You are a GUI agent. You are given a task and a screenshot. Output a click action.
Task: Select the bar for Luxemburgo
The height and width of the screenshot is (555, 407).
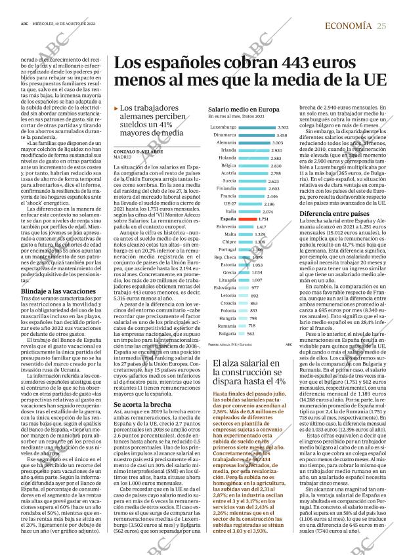(256, 127)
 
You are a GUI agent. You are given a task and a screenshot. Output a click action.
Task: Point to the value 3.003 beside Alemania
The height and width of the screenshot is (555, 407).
(278, 142)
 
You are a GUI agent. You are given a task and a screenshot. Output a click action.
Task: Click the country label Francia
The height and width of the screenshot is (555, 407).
(228, 195)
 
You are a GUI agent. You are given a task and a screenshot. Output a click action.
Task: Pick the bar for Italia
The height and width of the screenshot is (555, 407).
(249, 211)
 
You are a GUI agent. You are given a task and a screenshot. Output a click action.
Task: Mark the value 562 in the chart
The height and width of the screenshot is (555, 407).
(251, 333)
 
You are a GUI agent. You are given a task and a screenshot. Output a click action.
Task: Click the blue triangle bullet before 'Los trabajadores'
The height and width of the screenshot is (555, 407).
(116, 108)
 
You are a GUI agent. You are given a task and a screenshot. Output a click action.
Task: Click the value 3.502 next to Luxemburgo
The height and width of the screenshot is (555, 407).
(283, 127)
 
